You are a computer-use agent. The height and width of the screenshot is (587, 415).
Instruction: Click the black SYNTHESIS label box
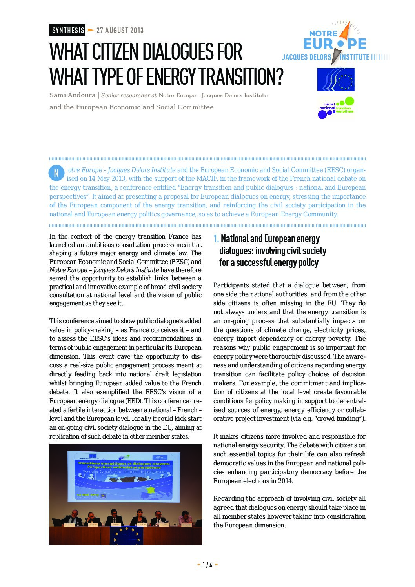pos(67,30)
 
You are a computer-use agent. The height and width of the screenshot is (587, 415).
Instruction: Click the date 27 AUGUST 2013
pos(120,30)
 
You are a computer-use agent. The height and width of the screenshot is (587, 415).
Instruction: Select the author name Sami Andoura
pos(73,95)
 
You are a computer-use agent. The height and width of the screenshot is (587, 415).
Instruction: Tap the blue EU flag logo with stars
pos(336,79)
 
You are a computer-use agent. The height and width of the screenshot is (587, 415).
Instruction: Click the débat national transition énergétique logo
pos(336,108)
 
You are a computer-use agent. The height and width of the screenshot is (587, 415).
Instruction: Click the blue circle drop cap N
pos(56,173)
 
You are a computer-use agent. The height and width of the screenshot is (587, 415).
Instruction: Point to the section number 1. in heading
pos(216,239)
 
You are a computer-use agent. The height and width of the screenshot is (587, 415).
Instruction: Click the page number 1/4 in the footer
pos(207,565)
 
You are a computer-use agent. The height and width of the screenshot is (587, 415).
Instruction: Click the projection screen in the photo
pos(124,476)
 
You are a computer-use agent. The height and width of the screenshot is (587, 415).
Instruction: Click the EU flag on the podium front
pos(126,535)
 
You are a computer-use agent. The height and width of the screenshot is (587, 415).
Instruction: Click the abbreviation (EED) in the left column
pos(134,401)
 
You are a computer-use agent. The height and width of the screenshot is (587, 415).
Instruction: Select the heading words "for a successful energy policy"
pos(269,263)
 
